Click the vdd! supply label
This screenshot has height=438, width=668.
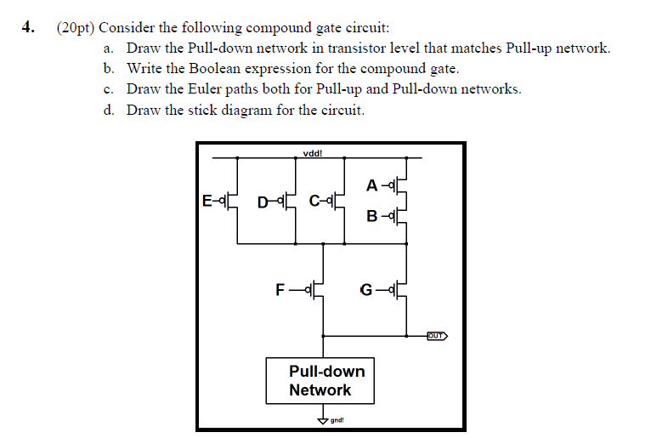pos(312,154)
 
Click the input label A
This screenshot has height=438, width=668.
pos(372,185)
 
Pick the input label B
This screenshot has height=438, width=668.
pos(372,216)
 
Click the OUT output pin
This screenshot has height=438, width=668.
pos(436,335)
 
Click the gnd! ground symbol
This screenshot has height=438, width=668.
pos(322,419)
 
